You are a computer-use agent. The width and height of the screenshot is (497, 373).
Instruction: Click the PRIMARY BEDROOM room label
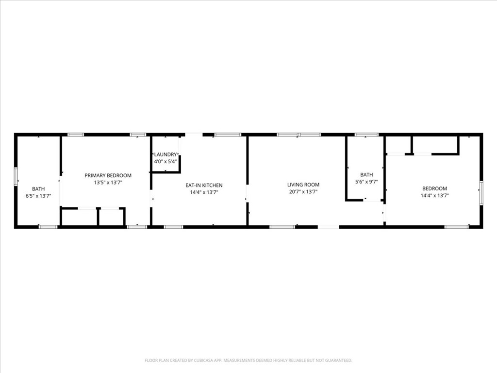click(108, 175)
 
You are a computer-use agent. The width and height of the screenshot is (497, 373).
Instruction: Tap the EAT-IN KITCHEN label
click(204, 185)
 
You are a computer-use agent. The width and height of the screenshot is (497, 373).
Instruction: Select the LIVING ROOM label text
click(303, 185)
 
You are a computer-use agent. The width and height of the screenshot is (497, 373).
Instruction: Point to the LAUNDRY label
click(166, 154)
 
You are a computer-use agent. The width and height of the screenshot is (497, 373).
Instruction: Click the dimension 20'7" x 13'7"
click(303, 191)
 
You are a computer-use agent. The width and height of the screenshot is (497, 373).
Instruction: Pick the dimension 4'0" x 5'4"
click(166, 161)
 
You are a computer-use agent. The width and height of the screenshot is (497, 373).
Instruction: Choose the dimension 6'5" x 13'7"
click(38, 196)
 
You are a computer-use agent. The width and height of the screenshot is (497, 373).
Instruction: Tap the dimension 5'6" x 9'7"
click(366, 182)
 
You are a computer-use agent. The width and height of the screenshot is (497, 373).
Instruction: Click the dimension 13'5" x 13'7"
click(108, 183)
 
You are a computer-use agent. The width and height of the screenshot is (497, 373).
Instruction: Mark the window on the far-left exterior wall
click(15, 176)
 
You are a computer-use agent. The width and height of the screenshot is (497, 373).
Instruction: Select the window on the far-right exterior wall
click(481, 192)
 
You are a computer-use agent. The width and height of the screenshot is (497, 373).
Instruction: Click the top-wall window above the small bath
click(366, 135)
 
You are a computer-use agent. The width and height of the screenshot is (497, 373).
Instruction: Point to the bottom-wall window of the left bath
click(48, 227)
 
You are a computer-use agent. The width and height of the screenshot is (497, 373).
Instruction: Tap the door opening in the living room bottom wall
click(329, 227)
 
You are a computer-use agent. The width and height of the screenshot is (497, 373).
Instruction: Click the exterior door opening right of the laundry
click(194, 135)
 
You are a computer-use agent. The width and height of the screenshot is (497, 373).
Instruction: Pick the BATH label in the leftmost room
click(38, 189)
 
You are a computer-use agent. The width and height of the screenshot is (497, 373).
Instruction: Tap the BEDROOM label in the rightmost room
click(434, 188)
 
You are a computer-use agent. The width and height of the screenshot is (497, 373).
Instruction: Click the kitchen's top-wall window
click(228, 135)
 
